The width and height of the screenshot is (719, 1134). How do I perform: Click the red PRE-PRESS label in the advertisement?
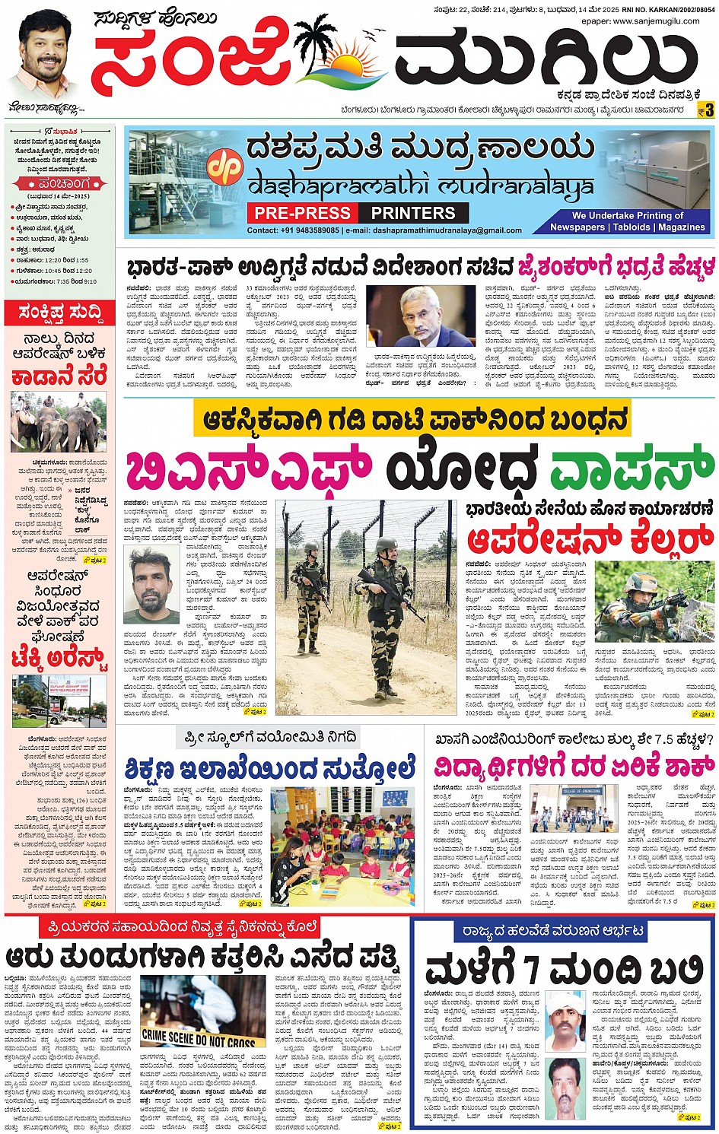pos(303,213)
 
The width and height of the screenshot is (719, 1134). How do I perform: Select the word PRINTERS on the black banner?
pos(413,213)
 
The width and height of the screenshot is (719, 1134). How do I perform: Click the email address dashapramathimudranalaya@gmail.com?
pos(436,230)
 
